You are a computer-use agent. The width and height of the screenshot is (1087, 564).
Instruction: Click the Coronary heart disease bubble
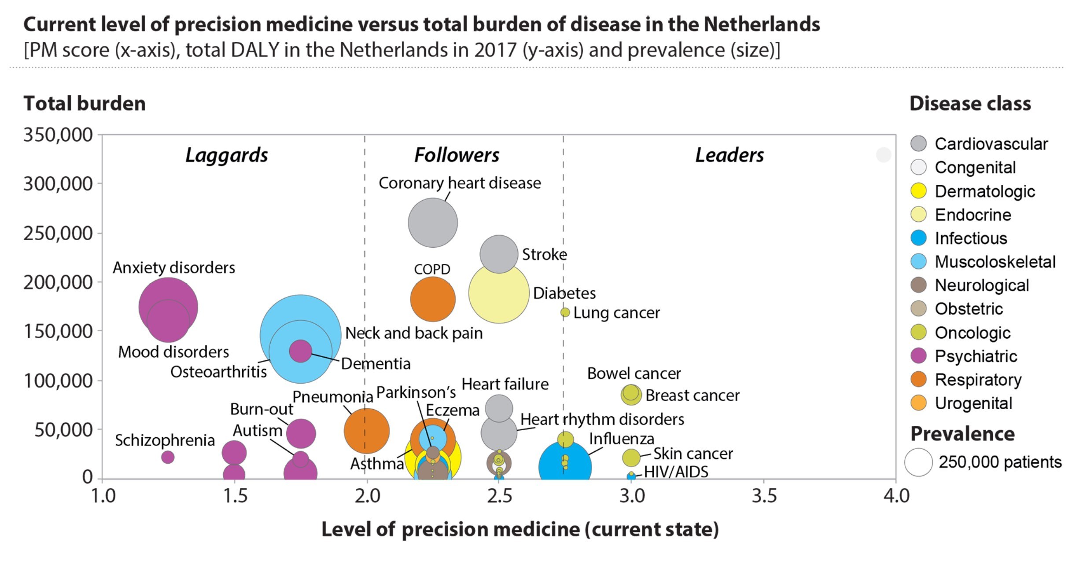pos(432,223)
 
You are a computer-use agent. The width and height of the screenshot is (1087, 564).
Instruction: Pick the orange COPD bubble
pos(432,299)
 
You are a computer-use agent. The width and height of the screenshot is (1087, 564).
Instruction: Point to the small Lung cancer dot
pos(565,312)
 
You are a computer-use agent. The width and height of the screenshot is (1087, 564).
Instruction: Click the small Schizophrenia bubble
pos(167,457)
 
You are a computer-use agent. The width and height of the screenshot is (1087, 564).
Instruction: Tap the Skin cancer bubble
pos(631,458)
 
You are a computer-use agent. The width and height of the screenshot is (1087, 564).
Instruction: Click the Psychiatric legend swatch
pos(918,355)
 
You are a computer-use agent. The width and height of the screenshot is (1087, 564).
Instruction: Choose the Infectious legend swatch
pos(918,238)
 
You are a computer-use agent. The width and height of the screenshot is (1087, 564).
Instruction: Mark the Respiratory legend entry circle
pos(918,379)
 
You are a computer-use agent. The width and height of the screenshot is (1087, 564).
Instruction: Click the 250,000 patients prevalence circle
pos(918,462)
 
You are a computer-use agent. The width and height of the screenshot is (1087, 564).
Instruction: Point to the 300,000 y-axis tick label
pos(58,184)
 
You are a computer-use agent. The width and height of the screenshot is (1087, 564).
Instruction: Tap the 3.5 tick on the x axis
pos(764,496)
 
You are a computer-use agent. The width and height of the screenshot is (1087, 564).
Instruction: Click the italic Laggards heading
pos(226,155)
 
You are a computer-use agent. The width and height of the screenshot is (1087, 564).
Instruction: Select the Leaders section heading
pos(729,155)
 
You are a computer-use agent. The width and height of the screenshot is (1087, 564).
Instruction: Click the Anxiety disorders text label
pos(174,267)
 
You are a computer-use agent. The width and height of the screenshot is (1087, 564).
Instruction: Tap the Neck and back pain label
pos(413,333)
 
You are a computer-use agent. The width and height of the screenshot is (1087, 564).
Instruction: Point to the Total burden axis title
pos(85,104)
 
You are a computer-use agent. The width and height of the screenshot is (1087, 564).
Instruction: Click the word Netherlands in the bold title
pos(762,25)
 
